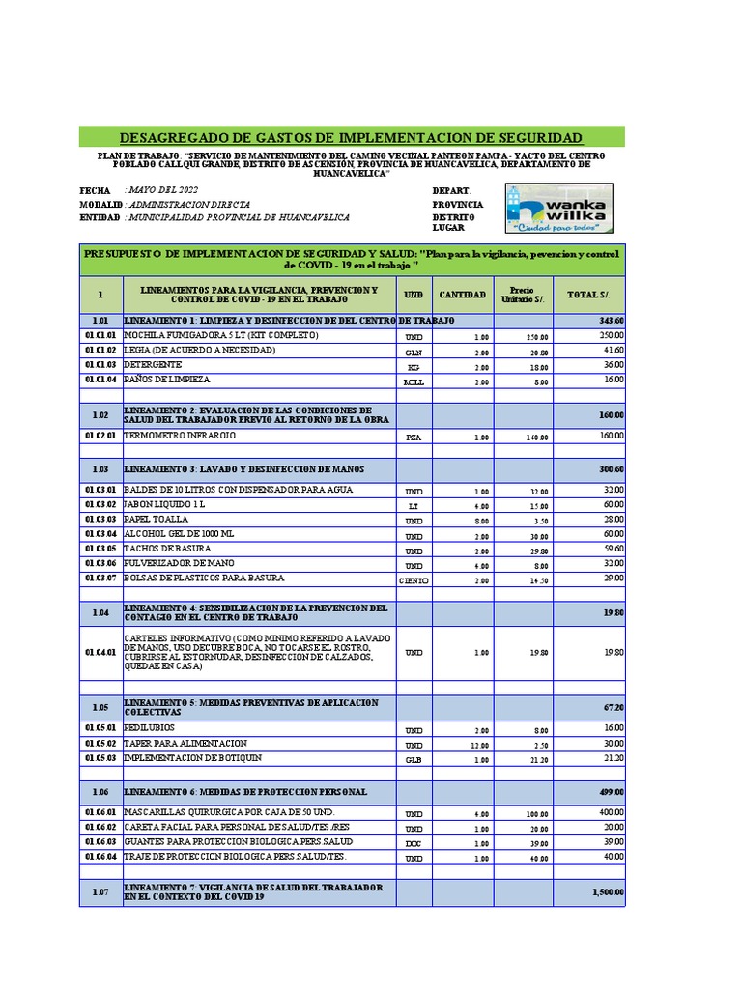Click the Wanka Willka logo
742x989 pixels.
pos(557,209)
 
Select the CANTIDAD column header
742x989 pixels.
pos(463,295)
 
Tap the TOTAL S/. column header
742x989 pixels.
pos(587,295)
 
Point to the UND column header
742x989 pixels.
pos(414,295)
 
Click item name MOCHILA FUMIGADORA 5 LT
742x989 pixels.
pos(207,335)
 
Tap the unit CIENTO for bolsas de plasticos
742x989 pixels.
pos(414,579)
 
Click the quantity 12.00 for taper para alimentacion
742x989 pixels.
pos(480,745)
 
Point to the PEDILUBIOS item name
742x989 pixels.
pos(150,727)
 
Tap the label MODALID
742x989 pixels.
pos(100,205)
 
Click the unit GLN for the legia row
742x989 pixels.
pos(414,353)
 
